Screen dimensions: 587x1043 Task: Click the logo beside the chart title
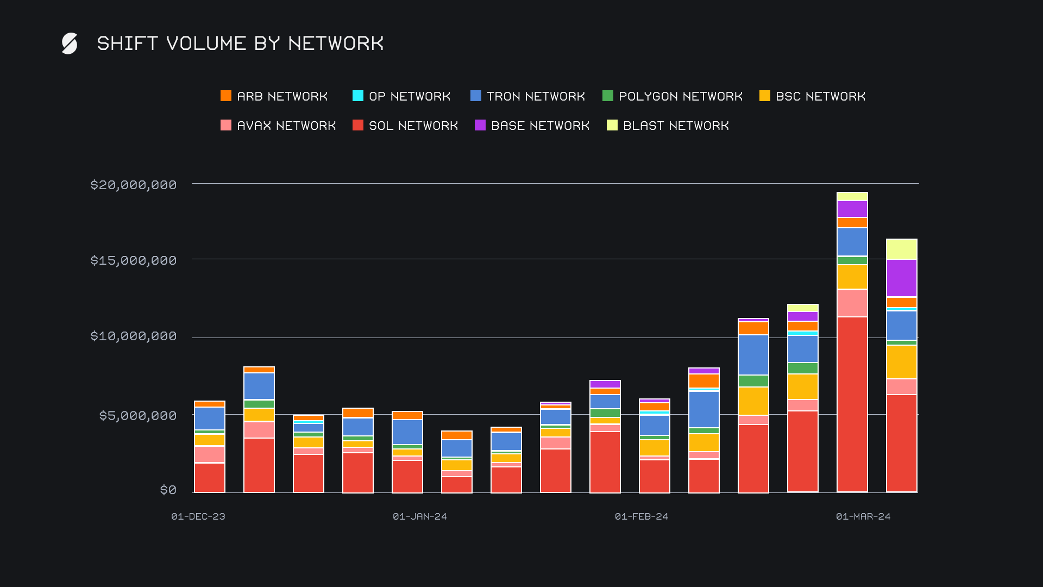click(70, 43)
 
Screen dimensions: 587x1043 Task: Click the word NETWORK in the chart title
click(336, 43)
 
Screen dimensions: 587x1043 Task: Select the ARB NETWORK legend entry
click(274, 96)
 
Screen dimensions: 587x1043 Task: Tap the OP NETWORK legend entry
click(401, 96)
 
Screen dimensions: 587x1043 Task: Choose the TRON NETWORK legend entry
click(527, 96)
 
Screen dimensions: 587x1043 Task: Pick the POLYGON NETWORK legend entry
click(673, 96)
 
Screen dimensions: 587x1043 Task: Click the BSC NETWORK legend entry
click(812, 96)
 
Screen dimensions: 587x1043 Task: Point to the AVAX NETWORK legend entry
click(278, 126)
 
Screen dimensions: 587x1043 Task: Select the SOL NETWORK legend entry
click(405, 126)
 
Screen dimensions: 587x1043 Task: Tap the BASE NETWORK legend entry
click(532, 126)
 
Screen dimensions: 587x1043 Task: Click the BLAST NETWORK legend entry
click(668, 126)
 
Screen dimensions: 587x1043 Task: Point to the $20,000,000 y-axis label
click(134, 185)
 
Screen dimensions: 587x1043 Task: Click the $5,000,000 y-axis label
click(138, 416)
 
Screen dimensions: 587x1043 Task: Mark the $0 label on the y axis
click(168, 490)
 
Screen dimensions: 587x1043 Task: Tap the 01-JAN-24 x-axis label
click(420, 516)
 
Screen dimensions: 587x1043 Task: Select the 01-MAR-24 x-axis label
click(863, 516)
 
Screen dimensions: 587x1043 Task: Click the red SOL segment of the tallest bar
click(852, 404)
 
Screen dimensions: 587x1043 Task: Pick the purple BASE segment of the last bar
click(902, 278)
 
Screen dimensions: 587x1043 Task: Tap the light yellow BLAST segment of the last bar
click(902, 249)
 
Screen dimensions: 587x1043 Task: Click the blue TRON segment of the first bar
click(210, 418)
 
